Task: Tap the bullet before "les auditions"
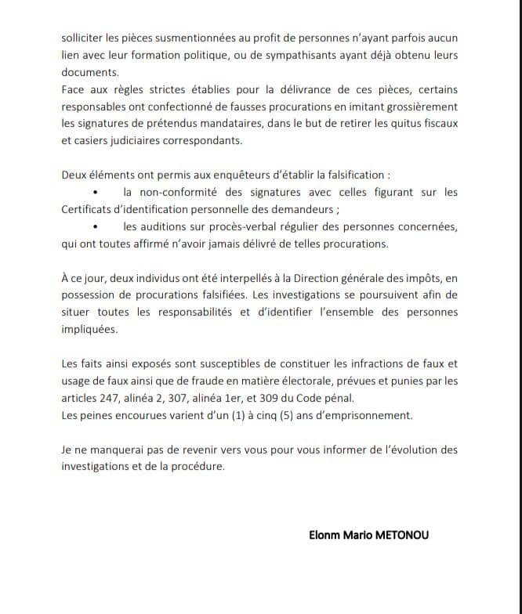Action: [96, 227]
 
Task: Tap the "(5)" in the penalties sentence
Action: [274, 414]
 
